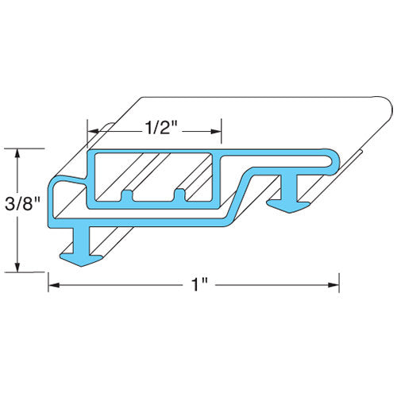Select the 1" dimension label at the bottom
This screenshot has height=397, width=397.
(x=199, y=285)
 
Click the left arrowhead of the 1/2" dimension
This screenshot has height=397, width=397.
(x=93, y=131)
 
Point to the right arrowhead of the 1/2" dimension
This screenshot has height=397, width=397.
(x=216, y=132)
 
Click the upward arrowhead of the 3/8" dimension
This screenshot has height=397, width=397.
(x=17, y=154)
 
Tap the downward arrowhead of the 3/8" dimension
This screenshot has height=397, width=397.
(x=17, y=267)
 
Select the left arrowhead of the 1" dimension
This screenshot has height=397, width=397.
(x=54, y=285)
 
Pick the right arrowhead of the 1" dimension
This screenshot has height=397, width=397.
(x=333, y=285)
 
